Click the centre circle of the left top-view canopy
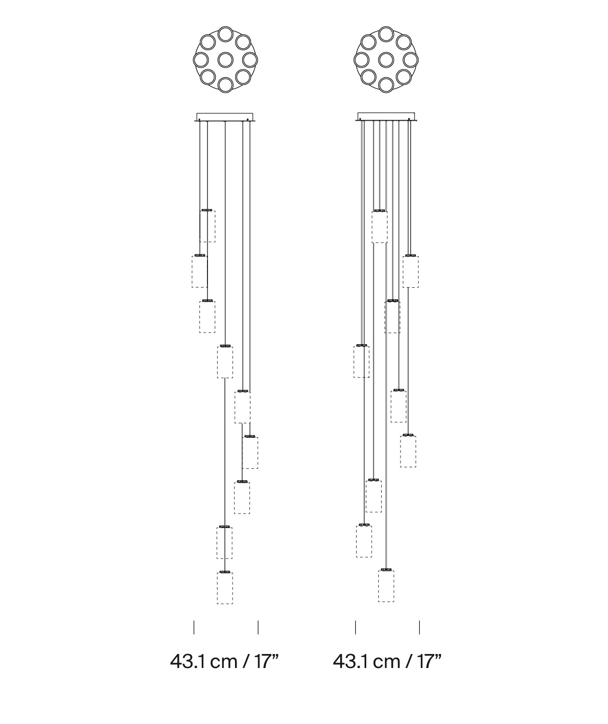pos(225,60)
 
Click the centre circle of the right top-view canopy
pos(386,60)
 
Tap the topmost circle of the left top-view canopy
pos(225,34)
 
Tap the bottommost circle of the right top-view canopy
pos(386,85)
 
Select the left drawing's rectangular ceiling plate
pos(224,117)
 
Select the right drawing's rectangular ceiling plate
pos(386,117)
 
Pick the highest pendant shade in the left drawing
pos(207,226)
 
